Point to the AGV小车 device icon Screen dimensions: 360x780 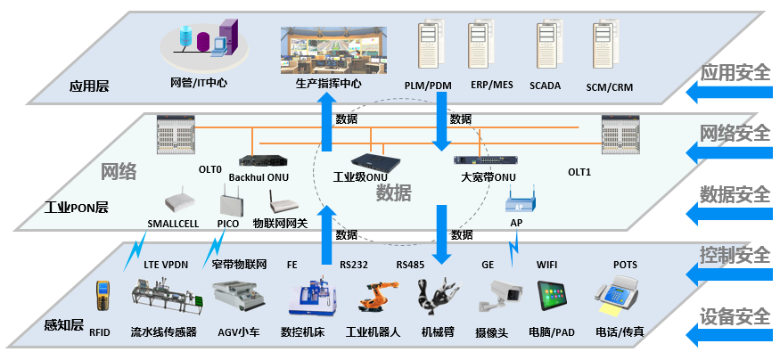[x=237, y=297]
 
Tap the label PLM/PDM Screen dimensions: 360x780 [x=429, y=86]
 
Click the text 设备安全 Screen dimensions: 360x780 [x=735, y=315]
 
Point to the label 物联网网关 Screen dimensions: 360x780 [x=280, y=223]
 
